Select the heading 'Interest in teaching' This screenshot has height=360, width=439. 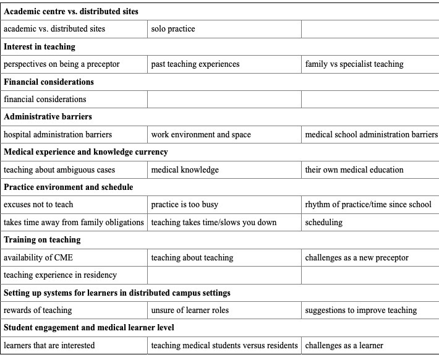click(40, 46)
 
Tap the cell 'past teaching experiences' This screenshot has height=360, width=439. click(195, 64)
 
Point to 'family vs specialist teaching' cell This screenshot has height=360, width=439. click(354, 64)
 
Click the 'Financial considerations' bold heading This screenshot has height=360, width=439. click(49, 82)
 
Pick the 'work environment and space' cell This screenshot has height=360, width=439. click(201, 134)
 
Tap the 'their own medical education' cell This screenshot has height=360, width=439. click(354, 169)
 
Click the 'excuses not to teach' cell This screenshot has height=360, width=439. click(38, 205)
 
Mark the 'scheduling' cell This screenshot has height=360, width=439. click(324, 222)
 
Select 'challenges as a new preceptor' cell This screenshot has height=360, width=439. click(357, 257)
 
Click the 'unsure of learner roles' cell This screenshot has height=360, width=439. click(191, 310)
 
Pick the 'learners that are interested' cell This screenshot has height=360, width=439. click(49, 345)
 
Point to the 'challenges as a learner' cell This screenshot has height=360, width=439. click(344, 345)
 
